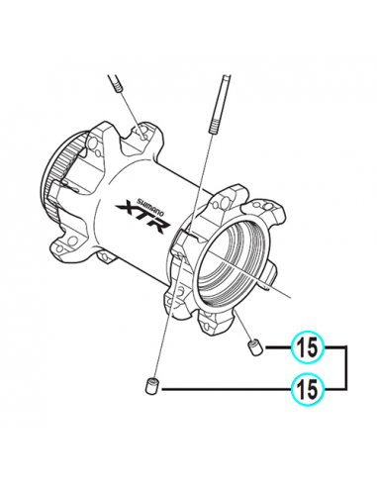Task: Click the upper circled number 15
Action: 307,347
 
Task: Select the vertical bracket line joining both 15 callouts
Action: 347,367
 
